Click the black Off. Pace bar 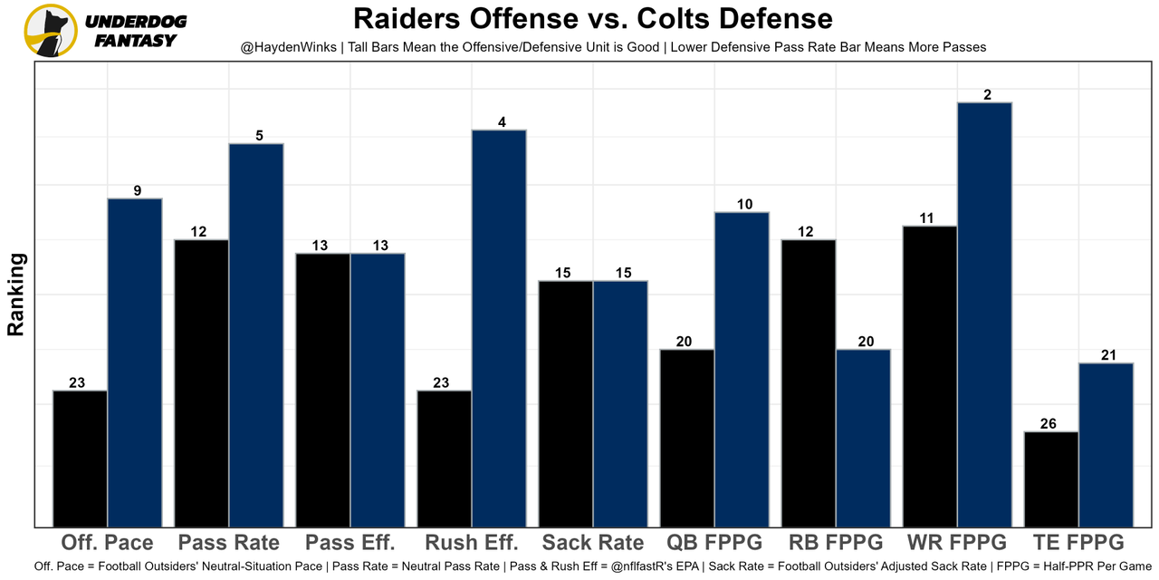coord(81,458)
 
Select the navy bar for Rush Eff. coord(499,327)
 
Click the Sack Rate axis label coord(593,543)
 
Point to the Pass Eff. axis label coord(350,543)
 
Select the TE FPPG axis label coord(1078,543)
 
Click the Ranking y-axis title coord(16,295)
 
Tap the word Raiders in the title coord(407,18)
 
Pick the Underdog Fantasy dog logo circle coord(50,30)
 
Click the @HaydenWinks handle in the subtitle coord(289,47)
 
